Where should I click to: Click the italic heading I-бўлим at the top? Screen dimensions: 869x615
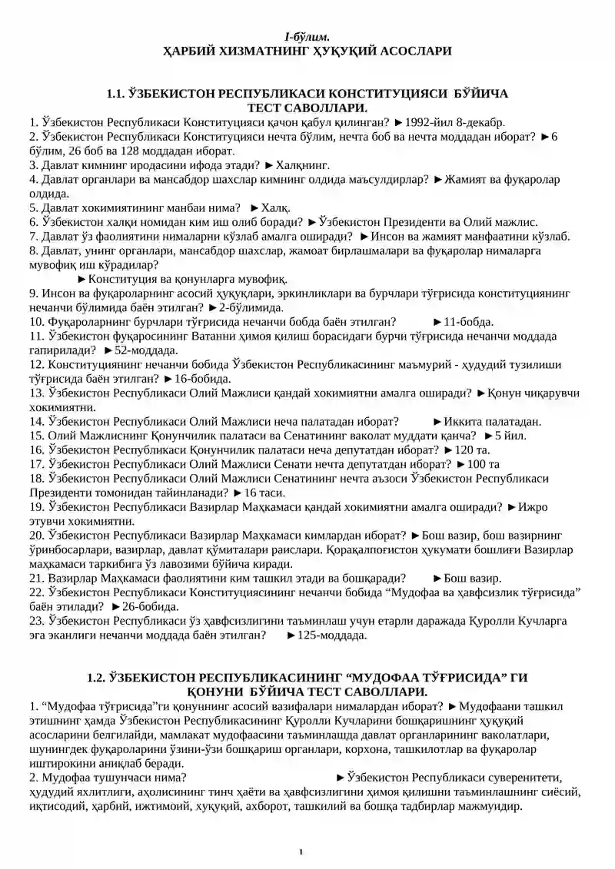point(307,36)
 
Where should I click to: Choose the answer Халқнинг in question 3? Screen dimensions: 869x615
point(303,164)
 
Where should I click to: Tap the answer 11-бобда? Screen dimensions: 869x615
point(469,321)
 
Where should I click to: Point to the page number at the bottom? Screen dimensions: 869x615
point(301,851)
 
